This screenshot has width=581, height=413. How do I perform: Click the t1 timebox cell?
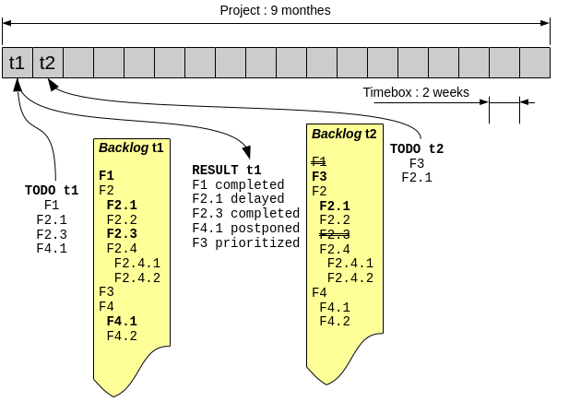18,63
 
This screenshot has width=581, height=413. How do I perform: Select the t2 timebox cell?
47,63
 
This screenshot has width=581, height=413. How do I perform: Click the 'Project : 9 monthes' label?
275,10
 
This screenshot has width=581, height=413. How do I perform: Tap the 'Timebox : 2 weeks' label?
416,92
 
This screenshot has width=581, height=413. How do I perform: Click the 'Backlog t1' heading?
131,147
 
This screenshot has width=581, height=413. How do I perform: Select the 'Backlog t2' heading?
344,134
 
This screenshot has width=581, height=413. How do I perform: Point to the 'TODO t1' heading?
52,191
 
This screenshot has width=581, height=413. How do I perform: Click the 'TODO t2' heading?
417,149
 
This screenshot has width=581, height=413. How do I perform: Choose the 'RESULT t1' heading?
227,171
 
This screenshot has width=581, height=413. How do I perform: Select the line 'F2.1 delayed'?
238,199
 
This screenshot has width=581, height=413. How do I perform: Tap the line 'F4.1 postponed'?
245,229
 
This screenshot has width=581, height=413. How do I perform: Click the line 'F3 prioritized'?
245,243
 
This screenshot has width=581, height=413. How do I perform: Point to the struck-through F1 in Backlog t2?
319,161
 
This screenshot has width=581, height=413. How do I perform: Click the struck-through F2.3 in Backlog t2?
335,234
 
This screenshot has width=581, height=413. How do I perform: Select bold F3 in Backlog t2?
320,176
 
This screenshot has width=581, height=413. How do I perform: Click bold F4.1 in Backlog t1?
122,321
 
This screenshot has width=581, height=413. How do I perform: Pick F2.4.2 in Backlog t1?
137,277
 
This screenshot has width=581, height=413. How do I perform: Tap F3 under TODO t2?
417,164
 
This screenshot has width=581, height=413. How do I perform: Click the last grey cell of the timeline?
535,63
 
